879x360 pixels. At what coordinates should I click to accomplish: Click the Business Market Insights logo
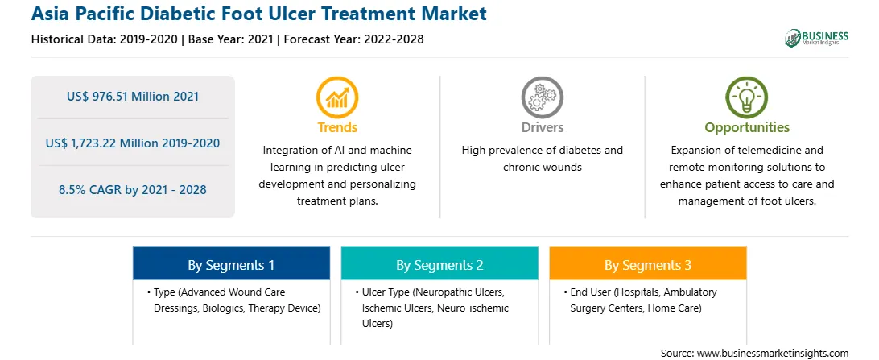click(x=816, y=38)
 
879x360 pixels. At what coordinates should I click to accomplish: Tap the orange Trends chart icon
click(x=337, y=97)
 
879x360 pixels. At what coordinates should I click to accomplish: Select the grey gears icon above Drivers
click(x=542, y=97)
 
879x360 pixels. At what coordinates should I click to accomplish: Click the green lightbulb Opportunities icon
click(x=747, y=97)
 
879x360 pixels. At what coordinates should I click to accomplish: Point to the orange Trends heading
click(x=337, y=127)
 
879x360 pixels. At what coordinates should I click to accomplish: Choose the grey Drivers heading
click(x=543, y=127)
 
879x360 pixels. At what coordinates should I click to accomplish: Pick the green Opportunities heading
click(x=747, y=128)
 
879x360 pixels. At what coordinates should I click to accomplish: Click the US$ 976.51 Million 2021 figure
click(x=133, y=97)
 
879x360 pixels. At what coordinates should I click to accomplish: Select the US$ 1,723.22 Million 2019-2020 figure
click(x=133, y=143)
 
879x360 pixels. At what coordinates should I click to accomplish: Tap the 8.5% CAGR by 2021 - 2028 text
click(x=133, y=189)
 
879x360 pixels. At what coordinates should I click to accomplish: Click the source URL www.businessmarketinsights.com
click(x=773, y=354)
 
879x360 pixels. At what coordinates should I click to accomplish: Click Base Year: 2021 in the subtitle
click(x=231, y=39)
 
